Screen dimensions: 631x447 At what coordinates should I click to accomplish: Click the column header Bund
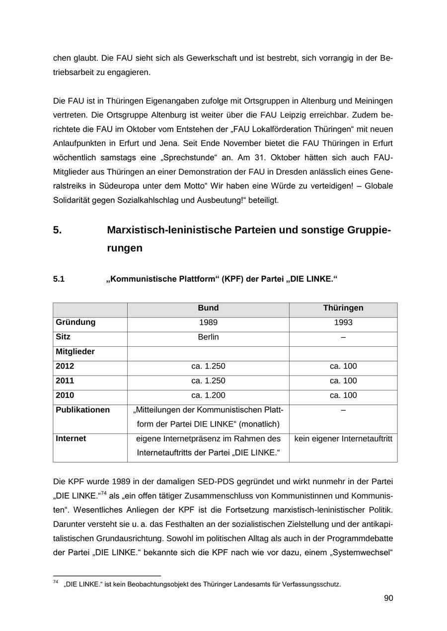208,308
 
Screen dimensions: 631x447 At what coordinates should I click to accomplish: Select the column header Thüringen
343,308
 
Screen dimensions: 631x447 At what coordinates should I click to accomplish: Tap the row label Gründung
75,322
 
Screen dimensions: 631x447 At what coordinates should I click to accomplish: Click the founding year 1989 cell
208,323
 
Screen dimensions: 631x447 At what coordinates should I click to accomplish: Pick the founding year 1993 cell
343,323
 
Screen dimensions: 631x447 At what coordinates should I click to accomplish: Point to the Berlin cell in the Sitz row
208,337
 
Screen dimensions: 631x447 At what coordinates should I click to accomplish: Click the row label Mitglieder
75,352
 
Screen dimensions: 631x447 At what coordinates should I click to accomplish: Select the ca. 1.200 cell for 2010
208,396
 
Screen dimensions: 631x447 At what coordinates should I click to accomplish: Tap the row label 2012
65,367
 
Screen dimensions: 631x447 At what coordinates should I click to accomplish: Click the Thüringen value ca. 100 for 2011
343,381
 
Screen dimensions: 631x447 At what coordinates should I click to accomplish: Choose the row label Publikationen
82,410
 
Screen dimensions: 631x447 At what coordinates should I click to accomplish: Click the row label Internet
71,439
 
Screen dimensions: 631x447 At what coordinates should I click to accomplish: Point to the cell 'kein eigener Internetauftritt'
343,439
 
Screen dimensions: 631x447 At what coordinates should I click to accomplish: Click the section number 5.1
59,279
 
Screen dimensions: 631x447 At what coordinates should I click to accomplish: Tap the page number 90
388,598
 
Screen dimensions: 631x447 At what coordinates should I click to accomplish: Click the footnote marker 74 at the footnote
56,582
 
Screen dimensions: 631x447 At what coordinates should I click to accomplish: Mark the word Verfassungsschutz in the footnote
315,584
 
